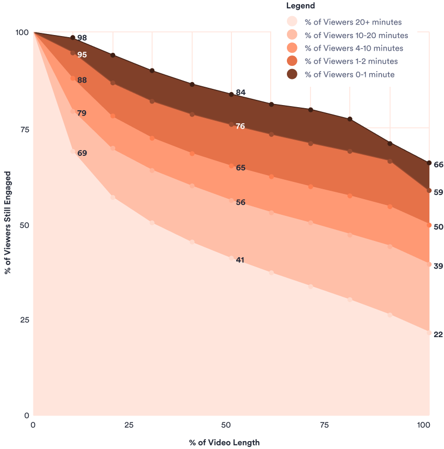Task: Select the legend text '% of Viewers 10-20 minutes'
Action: (356, 36)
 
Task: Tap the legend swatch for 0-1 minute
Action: (292, 74)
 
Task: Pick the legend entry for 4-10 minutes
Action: (353, 48)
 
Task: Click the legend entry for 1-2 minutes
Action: (351, 61)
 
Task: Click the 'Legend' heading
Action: (301, 6)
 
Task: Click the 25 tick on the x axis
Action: (128, 425)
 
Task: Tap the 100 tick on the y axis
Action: (21, 32)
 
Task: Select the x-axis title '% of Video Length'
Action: (224, 443)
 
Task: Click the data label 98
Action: (82, 38)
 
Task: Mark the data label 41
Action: (240, 260)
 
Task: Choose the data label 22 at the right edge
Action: (438, 335)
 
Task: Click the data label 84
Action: (240, 93)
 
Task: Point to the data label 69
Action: (82, 153)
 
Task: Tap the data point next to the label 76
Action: (231, 124)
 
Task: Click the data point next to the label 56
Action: (231, 200)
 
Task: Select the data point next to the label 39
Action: (429, 264)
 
